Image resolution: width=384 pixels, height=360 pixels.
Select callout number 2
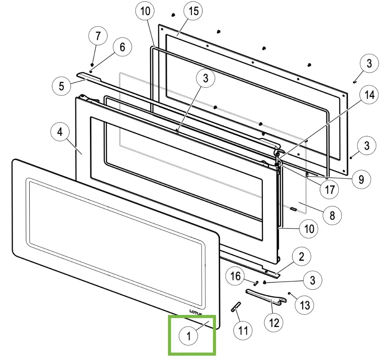pos(301,257)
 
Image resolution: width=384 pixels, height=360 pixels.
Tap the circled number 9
pos(361,179)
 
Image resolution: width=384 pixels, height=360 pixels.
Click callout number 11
pos(243,330)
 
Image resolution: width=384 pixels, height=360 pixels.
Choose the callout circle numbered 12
pos(274,322)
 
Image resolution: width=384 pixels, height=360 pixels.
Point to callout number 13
pos(305,305)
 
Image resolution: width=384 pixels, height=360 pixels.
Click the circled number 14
pos(369,95)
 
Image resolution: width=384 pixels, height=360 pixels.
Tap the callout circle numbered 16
pos(235,277)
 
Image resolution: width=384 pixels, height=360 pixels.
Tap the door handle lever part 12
pos(264,295)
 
